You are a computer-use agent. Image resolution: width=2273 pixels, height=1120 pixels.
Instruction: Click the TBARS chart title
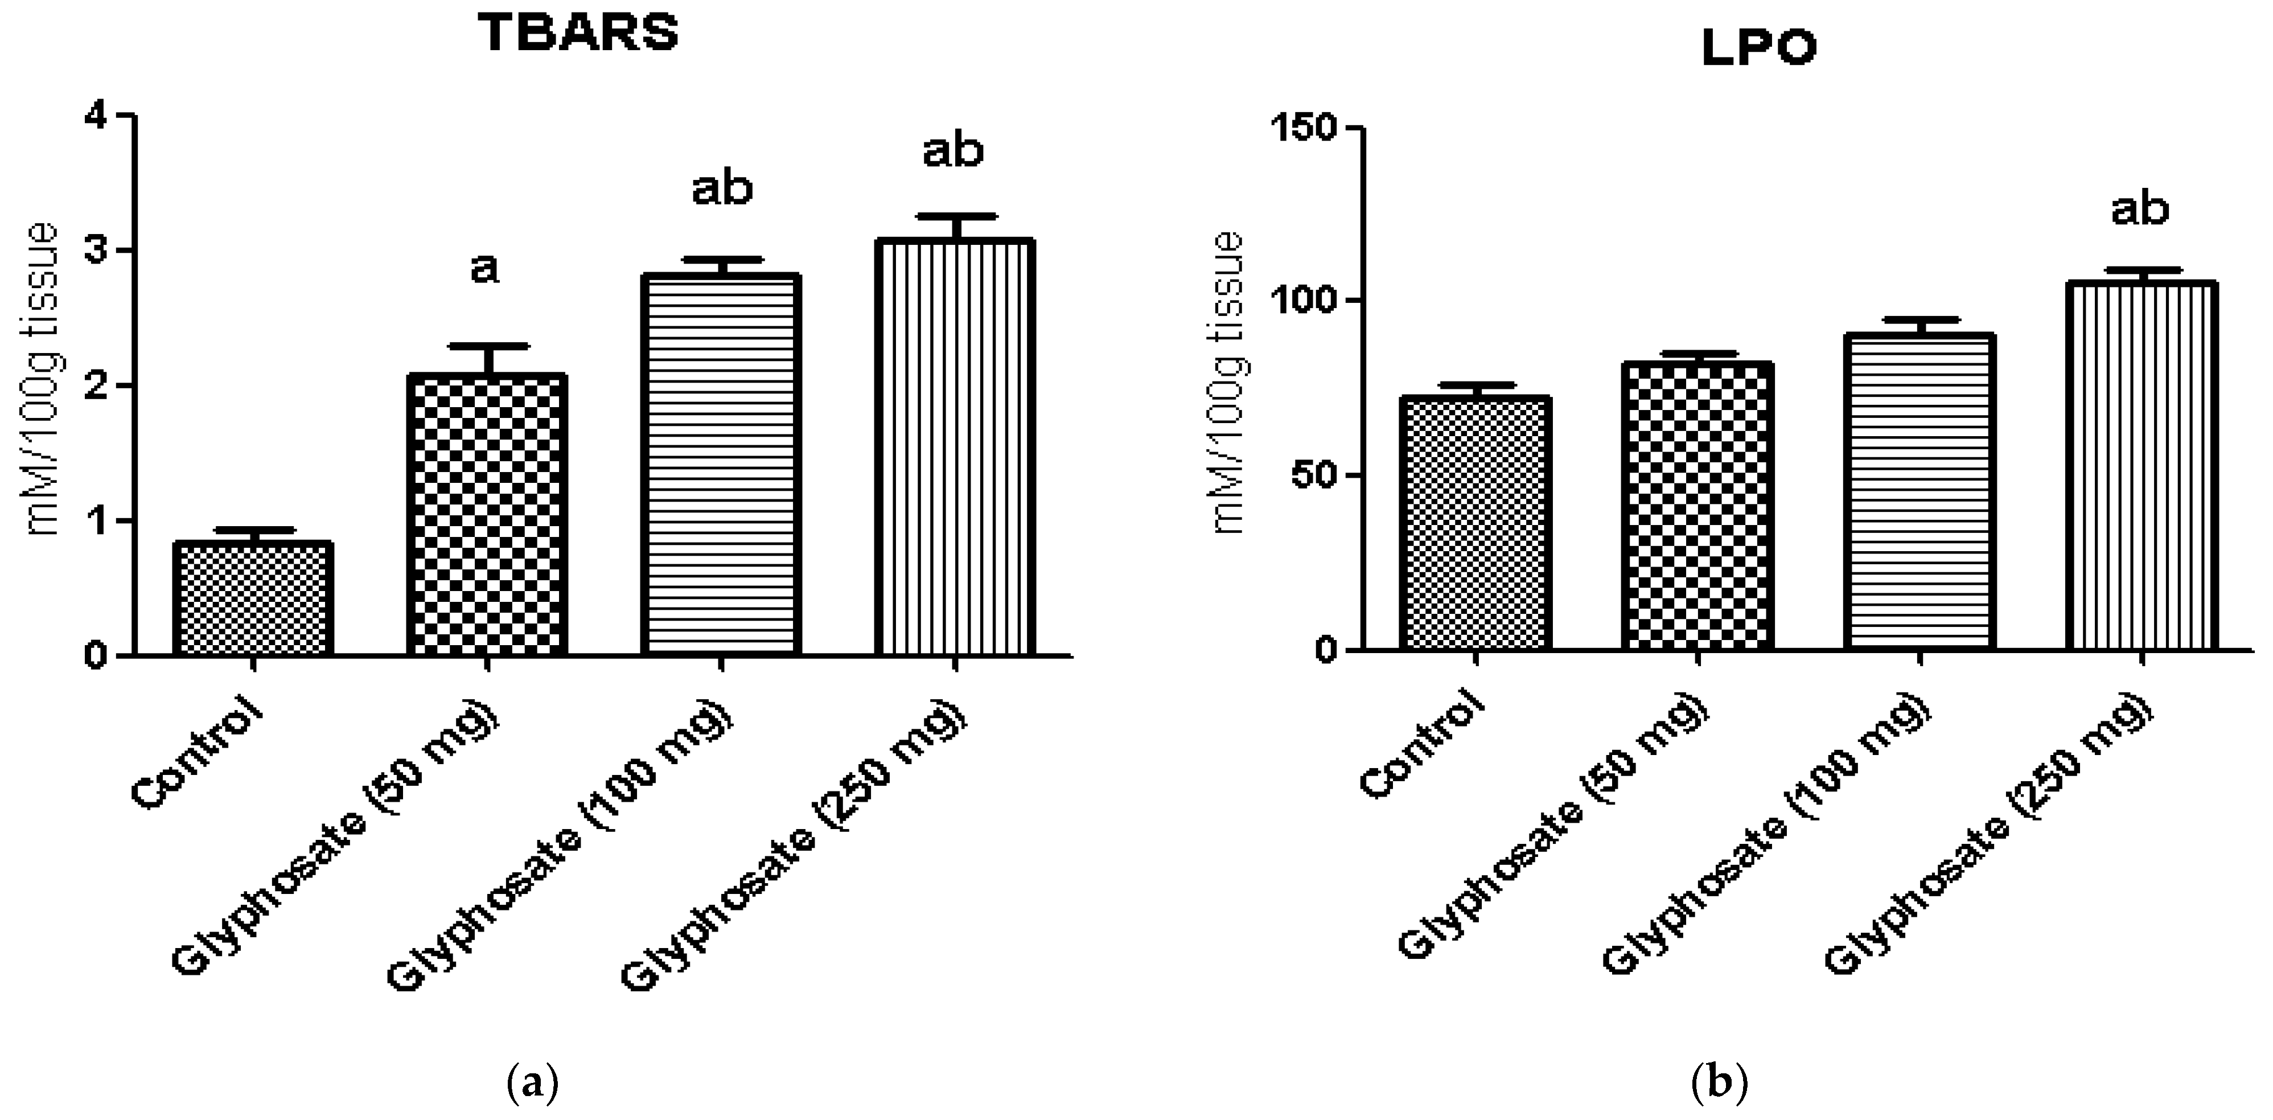(579, 34)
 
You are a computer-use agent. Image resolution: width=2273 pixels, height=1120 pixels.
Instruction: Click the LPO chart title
(1758, 48)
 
